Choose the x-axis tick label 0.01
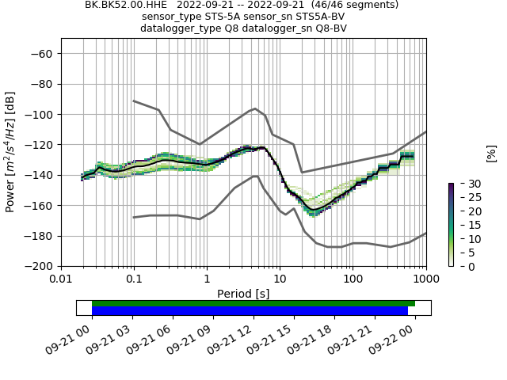click(x=61, y=279)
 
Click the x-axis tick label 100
click(x=353, y=279)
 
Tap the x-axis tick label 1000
click(x=425, y=279)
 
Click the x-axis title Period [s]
click(x=243, y=294)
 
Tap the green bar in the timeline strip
click(x=253, y=303)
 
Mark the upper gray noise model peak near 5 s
click(x=255, y=108)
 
